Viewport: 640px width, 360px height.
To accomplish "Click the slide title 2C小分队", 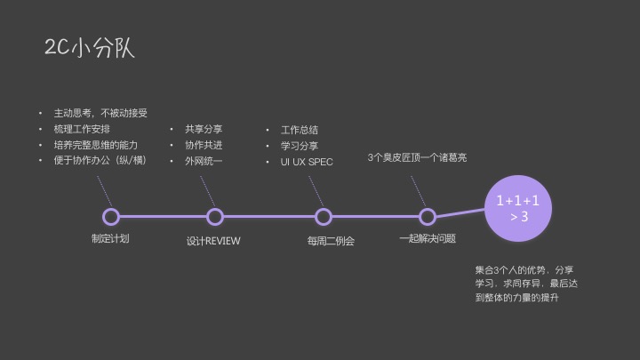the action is click(90, 47).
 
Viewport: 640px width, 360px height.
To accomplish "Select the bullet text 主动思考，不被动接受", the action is click(100, 113).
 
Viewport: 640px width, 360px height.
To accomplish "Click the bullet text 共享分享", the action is click(204, 129).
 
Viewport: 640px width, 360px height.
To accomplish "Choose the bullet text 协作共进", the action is click(204, 145).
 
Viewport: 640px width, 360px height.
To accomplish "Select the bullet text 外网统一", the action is click(204, 161).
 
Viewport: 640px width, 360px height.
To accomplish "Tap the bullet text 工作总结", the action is click(300, 130).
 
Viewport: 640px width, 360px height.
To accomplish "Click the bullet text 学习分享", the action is click(300, 146).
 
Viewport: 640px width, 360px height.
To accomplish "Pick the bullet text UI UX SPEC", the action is click(307, 162).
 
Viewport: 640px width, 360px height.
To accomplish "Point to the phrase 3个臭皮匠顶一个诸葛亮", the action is click(417, 157).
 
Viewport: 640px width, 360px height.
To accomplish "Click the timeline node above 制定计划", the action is click(111, 216).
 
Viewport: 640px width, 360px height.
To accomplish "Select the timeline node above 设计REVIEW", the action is click(214, 216).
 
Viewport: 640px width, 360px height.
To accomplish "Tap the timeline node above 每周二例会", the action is click(324, 216).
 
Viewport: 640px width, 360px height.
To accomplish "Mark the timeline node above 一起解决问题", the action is click(428, 216).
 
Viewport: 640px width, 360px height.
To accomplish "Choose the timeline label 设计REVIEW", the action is click(213, 241).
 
